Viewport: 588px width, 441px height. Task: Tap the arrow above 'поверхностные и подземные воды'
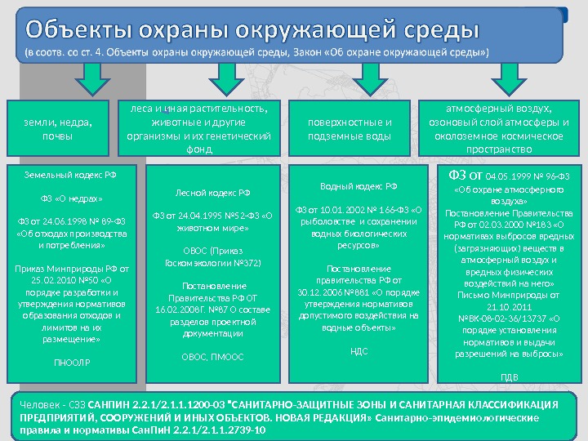click(372, 80)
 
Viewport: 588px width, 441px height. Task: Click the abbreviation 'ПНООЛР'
click(72, 360)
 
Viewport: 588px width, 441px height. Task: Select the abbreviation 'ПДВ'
click(509, 377)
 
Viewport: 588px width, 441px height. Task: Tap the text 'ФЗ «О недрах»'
click(72, 198)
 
